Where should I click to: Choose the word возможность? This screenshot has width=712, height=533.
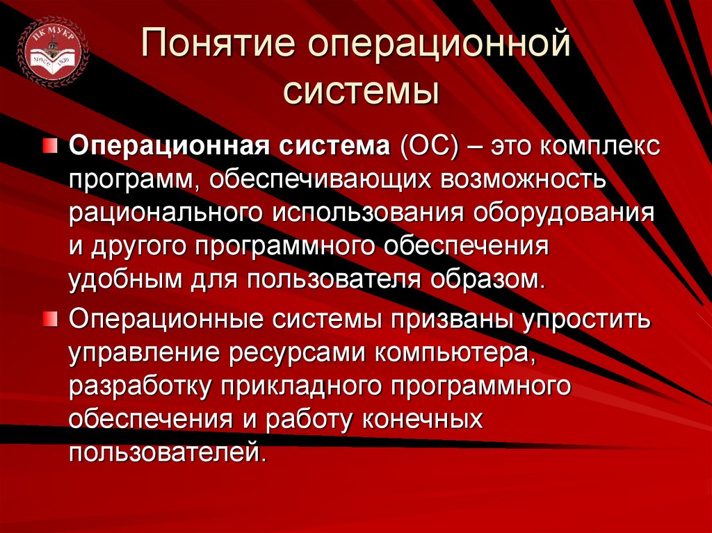(525, 181)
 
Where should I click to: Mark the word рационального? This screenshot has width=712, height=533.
(166, 213)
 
